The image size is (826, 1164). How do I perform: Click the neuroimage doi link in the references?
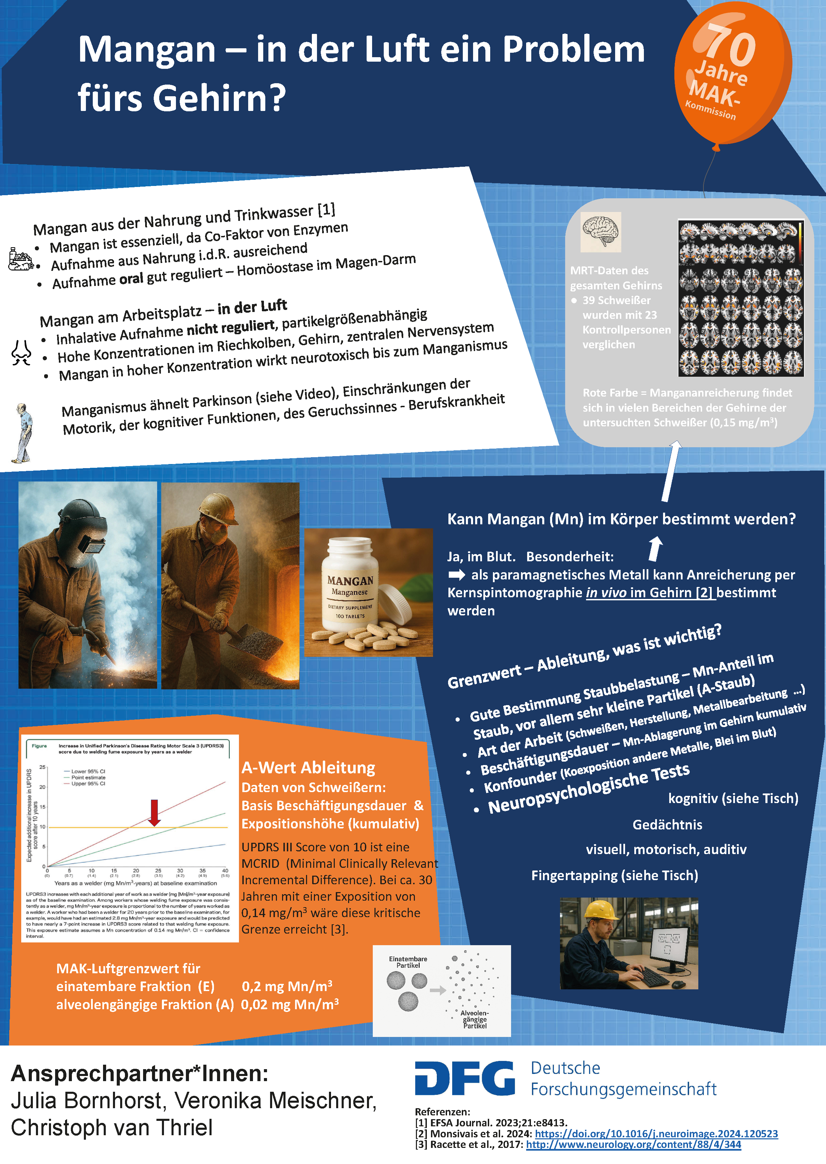pyautogui.click(x=656, y=1134)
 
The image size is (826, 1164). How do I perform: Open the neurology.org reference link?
pyautogui.click(x=633, y=1145)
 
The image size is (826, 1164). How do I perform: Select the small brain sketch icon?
pyautogui.click(x=601, y=231)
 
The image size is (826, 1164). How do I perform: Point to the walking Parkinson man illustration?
pyautogui.click(x=23, y=433)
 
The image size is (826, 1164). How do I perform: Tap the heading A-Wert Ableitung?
pyautogui.click(x=308, y=767)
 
